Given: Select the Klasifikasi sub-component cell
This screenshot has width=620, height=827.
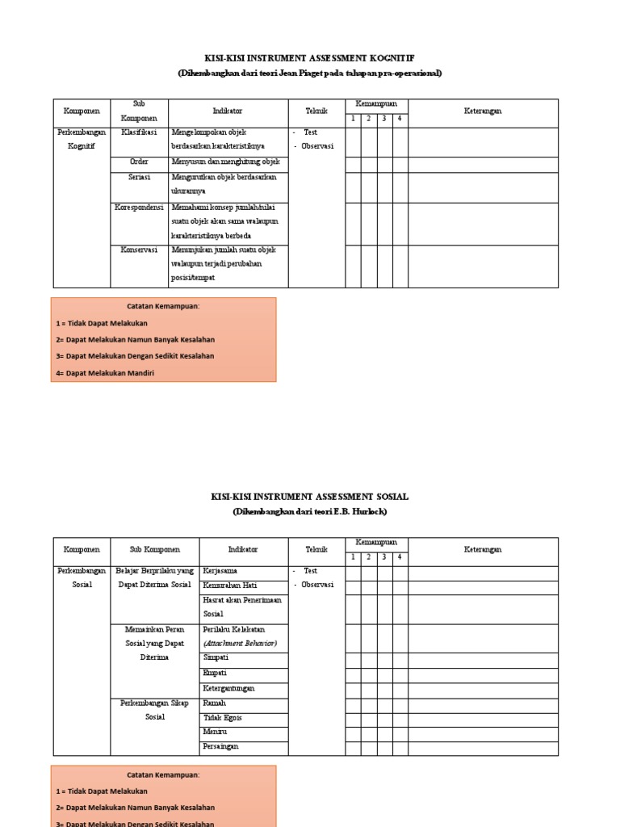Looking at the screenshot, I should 140,132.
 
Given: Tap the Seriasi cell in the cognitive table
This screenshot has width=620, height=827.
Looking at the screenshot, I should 140,177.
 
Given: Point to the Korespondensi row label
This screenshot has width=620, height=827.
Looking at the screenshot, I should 140,208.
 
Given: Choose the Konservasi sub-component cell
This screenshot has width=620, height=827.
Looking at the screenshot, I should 140,250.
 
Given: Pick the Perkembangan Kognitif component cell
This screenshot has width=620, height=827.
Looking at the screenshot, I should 81,139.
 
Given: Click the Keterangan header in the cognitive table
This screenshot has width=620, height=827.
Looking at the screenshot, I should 483,111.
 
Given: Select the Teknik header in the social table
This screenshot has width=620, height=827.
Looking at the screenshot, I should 316,549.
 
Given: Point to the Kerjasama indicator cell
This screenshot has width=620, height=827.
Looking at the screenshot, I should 220,571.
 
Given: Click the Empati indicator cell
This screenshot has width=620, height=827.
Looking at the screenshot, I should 216,673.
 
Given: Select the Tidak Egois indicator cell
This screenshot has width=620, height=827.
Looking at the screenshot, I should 223,717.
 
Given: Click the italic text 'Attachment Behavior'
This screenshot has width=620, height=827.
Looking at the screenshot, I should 240,644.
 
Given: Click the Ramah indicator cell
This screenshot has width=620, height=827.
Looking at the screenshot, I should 215,703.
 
